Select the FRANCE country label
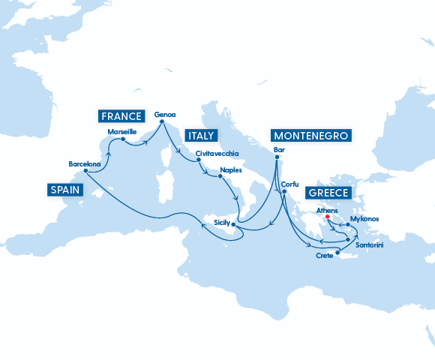click(120, 115)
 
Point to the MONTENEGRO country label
click(310, 136)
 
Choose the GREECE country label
click(328, 193)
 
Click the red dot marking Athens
click(328, 219)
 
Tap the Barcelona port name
click(84, 163)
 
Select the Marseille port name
click(122, 131)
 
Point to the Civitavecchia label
click(217, 153)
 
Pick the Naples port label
click(231, 170)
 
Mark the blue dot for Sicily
click(234, 224)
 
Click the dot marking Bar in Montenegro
click(277, 156)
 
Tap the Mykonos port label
click(364, 219)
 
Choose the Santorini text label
click(370, 245)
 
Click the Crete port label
click(325, 256)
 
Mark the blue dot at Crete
click(337, 253)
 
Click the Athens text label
click(328, 211)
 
